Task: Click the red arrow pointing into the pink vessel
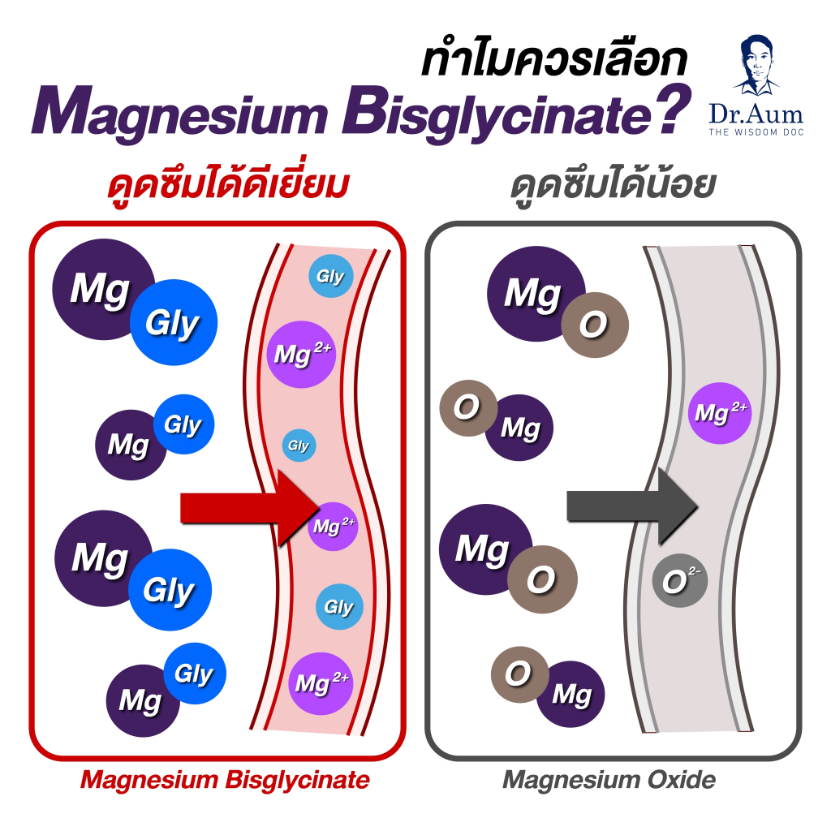point(235,508)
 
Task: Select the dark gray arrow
point(625,506)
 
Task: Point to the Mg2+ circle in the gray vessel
point(720,413)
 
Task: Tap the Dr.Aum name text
point(768,111)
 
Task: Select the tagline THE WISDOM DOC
point(768,131)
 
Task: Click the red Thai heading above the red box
point(228,186)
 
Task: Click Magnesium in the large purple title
point(179,114)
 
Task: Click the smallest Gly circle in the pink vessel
point(298,446)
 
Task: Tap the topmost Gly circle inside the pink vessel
point(330,278)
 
